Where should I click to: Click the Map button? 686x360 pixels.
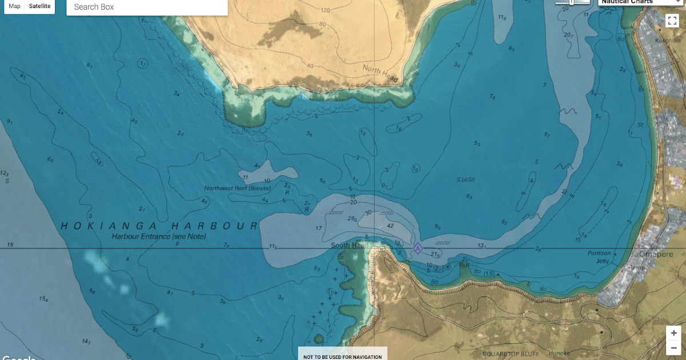point(15,6)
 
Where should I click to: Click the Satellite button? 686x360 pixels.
point(40,6)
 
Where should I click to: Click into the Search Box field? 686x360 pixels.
point(146,7)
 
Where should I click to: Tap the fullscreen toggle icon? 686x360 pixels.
point(672,21)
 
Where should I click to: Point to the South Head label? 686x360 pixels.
point(349,246)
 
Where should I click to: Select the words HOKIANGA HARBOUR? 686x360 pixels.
point(159,226)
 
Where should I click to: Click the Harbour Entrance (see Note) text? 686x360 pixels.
point(159,236)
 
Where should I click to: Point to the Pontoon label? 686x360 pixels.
point(599,253)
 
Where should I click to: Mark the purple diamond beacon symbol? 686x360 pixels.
point(417,248)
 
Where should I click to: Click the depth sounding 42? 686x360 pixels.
point(390,226)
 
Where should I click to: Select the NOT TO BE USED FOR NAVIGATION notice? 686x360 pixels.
point(342,356)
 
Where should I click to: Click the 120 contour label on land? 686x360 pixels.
point(326,10)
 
